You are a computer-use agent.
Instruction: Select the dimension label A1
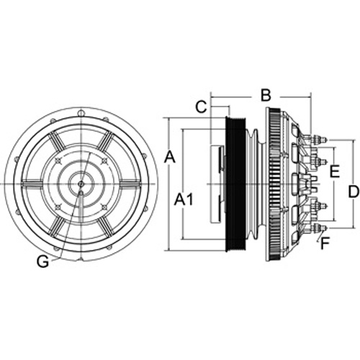184,199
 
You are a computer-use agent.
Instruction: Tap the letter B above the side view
266,95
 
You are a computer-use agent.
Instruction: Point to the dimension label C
201,107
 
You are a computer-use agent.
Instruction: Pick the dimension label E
335,171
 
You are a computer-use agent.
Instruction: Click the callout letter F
325,243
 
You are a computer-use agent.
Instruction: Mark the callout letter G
43,261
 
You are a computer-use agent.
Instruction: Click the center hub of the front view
81,184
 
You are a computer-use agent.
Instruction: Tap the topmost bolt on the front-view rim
81,112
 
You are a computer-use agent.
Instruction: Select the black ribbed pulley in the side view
235,184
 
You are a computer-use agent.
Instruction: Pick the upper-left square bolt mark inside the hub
58,161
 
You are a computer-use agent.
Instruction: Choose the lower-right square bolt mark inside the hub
104,207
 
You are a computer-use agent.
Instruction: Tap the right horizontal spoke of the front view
130,184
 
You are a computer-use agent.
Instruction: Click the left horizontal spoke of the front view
32,184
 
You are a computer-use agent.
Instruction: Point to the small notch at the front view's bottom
81,259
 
